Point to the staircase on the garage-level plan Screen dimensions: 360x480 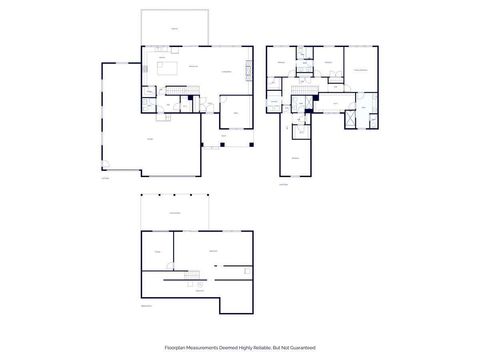178,92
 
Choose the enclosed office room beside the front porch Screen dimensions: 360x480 236,111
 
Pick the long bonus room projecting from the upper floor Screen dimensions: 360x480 296,146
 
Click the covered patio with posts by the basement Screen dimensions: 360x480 174,211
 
